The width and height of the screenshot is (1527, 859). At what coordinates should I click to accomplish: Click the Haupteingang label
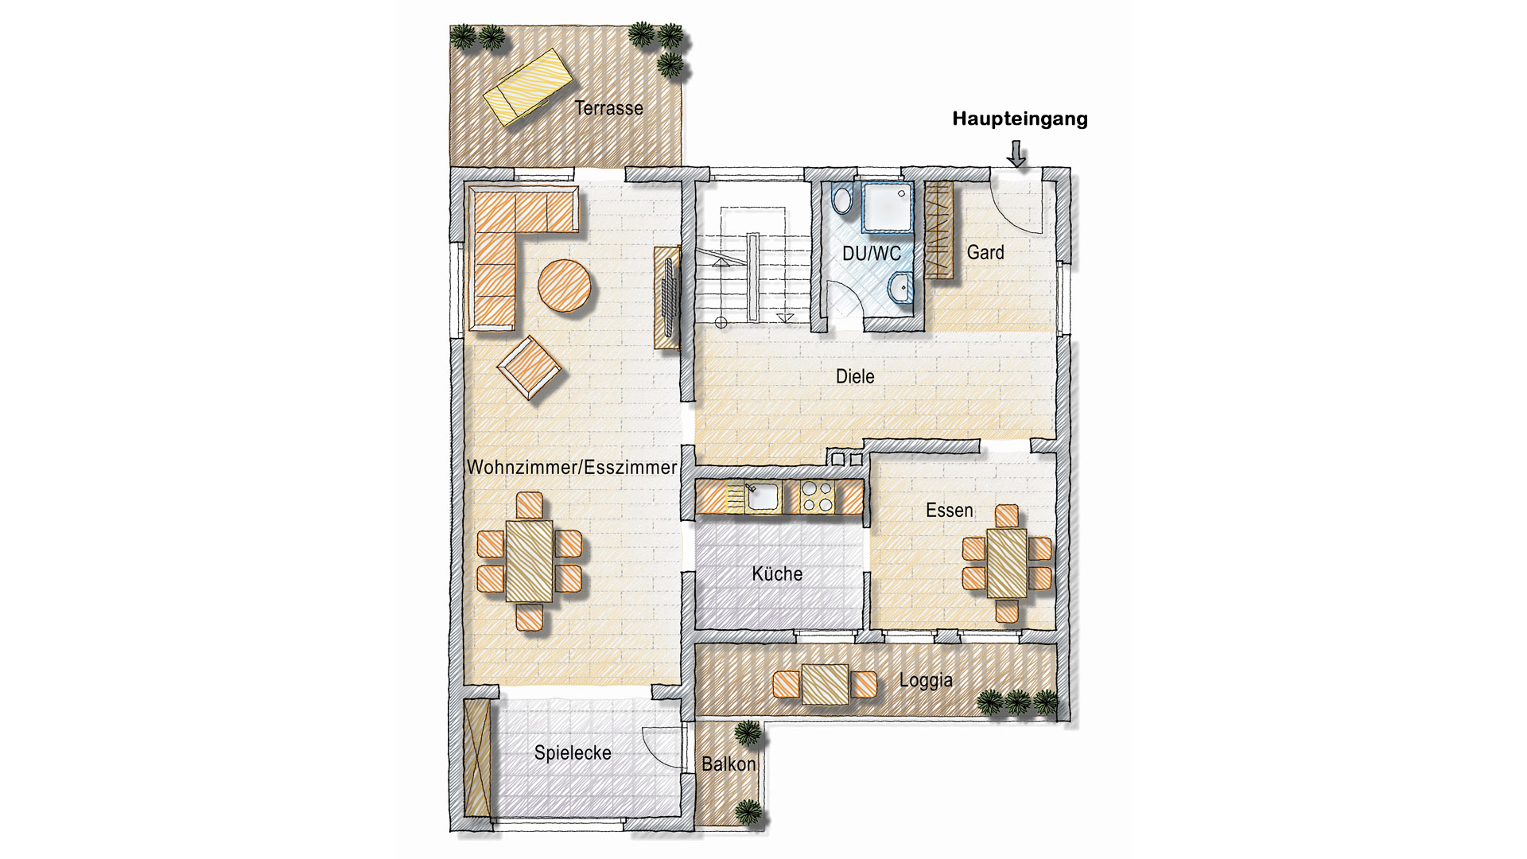[x=1020, y=119]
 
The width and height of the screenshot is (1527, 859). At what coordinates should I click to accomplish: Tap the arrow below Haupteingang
[x=1016, y=154]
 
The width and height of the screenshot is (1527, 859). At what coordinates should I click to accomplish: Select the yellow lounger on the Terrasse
[x=528, y=86]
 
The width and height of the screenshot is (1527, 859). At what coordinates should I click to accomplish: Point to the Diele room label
[x=855, y=376]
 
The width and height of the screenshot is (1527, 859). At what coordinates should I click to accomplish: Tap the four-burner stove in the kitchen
[x=817, y=497]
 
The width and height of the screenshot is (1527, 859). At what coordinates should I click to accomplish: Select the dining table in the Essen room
[x=1007, y=563]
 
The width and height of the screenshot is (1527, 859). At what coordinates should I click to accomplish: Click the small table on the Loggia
[x=826, y=684]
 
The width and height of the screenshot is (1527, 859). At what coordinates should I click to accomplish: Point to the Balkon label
[x=729, y=764]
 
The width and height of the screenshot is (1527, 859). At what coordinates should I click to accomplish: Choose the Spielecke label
[x=573, y=752]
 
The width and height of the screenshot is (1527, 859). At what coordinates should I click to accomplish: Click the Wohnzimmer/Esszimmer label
[x=572, y=467]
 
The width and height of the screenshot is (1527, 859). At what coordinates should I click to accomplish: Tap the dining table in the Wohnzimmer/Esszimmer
[x=529, y=561]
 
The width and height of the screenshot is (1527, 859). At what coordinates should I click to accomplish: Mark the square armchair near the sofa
[x=529, y=367]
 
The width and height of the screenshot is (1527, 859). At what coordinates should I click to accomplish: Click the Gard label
[x=985, y=252]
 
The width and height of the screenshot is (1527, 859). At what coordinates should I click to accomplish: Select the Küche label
[x=777, y=573]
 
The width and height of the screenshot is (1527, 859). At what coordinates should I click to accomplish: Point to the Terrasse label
[x=609, y=107]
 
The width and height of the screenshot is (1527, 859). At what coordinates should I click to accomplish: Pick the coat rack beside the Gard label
[x=938, y=230]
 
